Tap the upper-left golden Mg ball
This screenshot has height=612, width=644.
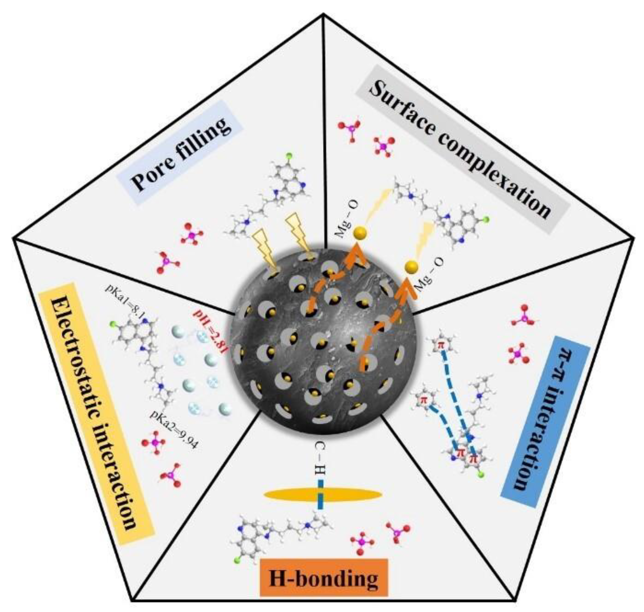pos(359,233)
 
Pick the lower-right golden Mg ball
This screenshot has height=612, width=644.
pos(411,267)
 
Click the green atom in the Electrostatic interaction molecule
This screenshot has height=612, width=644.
pos(112,325)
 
